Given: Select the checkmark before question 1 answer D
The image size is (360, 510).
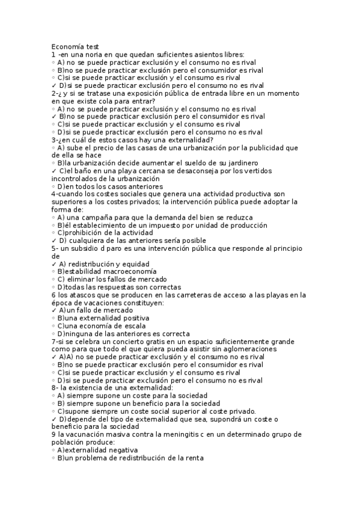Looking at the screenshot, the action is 54,85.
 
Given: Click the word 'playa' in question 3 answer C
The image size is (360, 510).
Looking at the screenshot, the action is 131,171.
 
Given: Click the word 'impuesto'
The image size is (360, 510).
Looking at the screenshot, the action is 165,225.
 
